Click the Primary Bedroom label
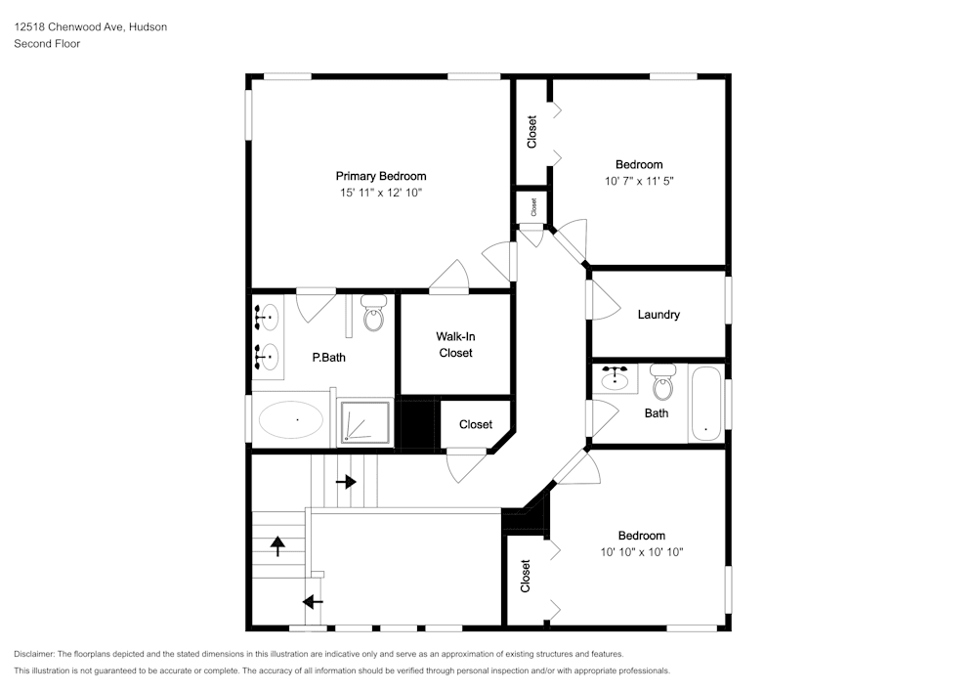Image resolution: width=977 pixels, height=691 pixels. point(381,176)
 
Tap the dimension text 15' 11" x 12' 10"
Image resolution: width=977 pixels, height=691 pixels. point(381,193)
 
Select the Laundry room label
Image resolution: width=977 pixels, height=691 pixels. point(658,315)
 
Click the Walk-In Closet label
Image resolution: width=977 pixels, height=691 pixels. point(455,345)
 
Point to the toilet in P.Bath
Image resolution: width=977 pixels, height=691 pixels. point(373,313)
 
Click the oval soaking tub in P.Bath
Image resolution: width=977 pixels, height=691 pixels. point(290,419)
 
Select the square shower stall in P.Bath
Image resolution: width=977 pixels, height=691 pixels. point(365,423)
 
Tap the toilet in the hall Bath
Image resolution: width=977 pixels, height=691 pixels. point(663,382)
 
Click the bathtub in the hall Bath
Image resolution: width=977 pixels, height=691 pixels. point(706,404)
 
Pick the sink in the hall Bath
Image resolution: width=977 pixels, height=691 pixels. point(616,378)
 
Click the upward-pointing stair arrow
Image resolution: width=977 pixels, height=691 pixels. point(277,546)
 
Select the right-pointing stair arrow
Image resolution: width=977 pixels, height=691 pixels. point(346,482)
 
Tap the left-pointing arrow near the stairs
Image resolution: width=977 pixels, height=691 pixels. point(313,602)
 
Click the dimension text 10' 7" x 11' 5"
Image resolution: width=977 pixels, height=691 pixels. point(639,182)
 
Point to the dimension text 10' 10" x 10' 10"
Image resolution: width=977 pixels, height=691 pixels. point(642,552)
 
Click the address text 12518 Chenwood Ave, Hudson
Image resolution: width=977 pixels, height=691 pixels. point(90,26)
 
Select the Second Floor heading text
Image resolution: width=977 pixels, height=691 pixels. point(47,44)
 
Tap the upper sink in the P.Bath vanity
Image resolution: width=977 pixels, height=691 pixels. point(266,318)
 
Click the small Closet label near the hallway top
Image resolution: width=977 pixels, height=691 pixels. point(533,207)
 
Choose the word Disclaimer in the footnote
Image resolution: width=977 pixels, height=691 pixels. point(34,654)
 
